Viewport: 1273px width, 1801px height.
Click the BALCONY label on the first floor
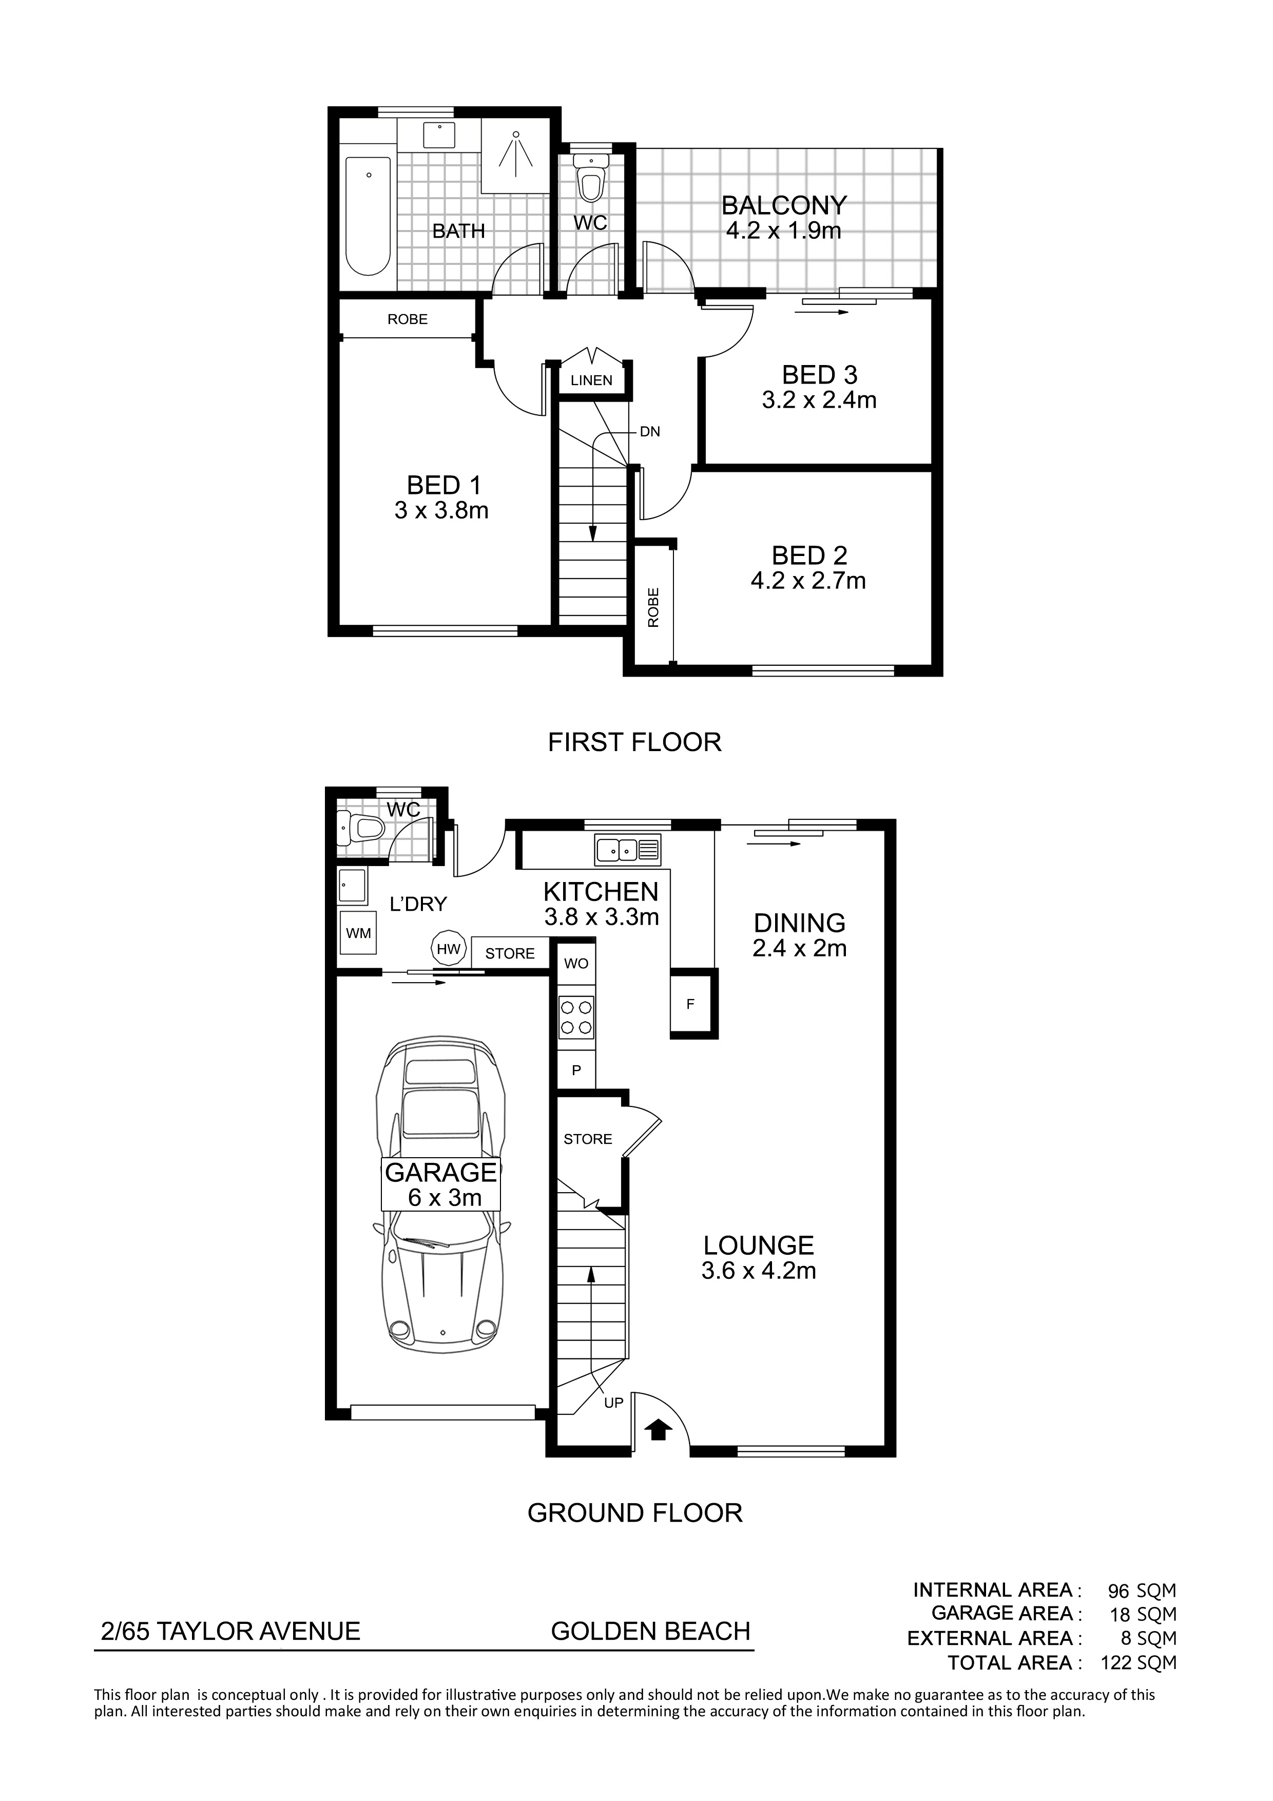coord(784,205)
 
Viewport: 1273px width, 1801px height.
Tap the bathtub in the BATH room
coord(368,216)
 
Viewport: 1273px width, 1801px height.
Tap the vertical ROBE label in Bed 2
coord(653,607)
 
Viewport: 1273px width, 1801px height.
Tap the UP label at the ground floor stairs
coord(613,1403)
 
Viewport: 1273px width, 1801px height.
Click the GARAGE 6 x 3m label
coord(441,1184)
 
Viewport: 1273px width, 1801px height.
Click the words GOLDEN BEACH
coord(651,1632)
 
